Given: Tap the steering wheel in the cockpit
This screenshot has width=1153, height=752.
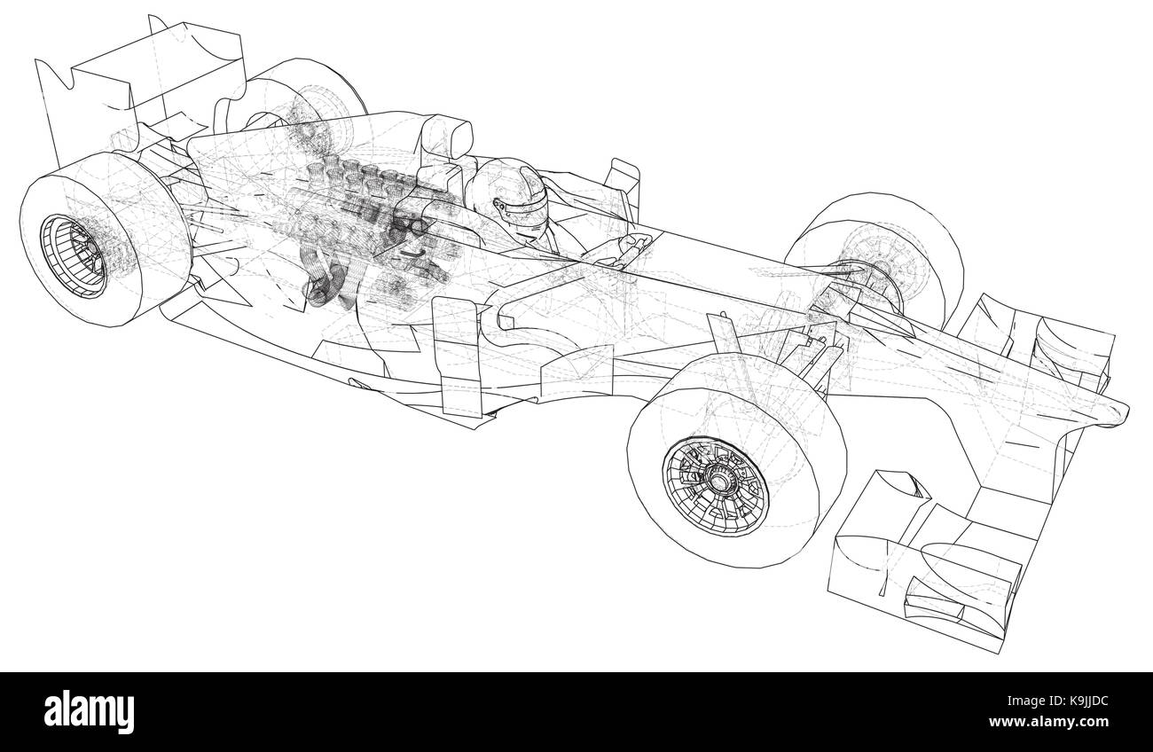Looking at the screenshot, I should pos(621,253).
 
